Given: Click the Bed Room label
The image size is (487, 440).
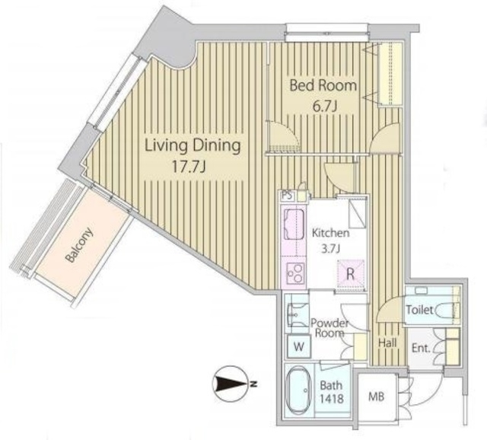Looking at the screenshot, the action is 323,85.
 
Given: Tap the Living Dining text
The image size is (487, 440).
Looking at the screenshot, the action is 193,145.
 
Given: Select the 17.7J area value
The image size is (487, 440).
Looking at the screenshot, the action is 189,167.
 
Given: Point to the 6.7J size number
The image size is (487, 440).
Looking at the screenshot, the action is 325,107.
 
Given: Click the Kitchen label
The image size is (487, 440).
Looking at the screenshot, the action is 331,233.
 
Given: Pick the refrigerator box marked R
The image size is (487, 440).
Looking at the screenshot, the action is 351,274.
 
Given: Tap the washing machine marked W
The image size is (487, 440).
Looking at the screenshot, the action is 299,346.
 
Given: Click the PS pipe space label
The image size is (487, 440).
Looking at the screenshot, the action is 288,196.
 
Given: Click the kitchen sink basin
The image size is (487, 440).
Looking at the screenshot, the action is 294,224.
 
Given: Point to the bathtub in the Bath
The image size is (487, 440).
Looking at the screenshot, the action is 298,390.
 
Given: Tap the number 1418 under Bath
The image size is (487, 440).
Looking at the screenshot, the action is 332,398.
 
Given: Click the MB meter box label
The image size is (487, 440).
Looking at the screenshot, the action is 377,396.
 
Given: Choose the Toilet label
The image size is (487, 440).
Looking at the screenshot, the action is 419,310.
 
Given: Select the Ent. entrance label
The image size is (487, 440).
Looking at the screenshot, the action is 421,348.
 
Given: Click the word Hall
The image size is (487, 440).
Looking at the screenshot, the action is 387,343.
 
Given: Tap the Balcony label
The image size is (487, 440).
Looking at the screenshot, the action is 79,245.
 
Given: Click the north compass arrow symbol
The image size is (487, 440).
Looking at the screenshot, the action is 231,383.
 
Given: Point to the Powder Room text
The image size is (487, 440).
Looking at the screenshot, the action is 329,328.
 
